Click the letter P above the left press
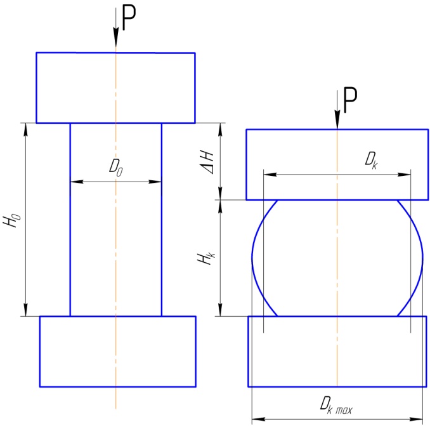tap(129, 18)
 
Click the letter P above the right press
tap(351, 100)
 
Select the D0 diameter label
tap(115, 168)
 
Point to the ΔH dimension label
tap(207, 163)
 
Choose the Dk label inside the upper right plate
tap(371, 161)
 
